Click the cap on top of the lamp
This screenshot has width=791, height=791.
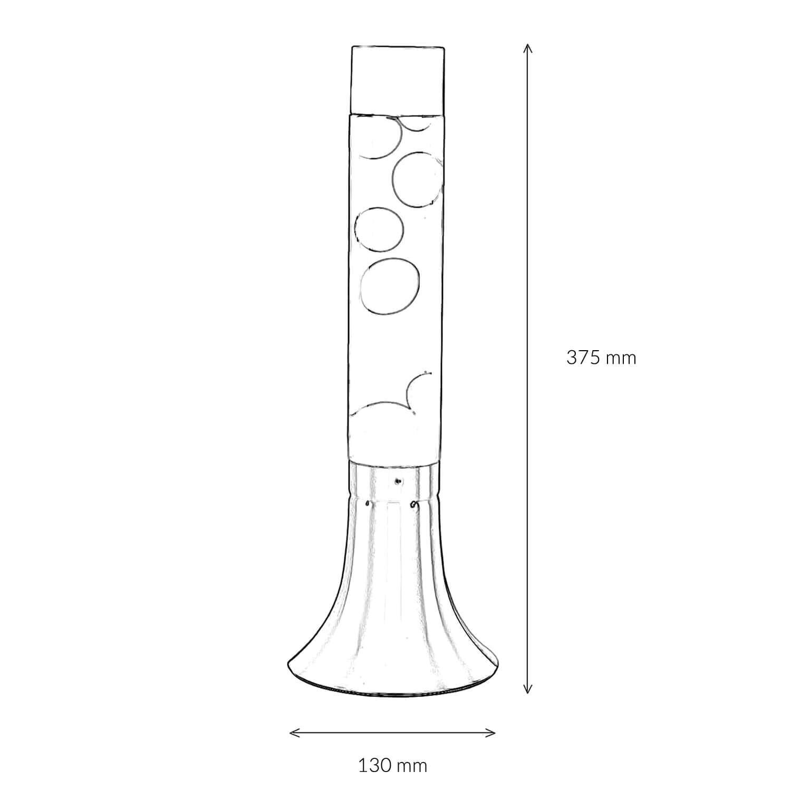point(397,79)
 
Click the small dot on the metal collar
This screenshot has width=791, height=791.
point(398,480)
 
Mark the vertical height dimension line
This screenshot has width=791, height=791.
point(527,264)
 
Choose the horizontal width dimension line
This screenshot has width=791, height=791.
point(393,732)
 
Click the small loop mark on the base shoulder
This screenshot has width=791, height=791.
point(414,505)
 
